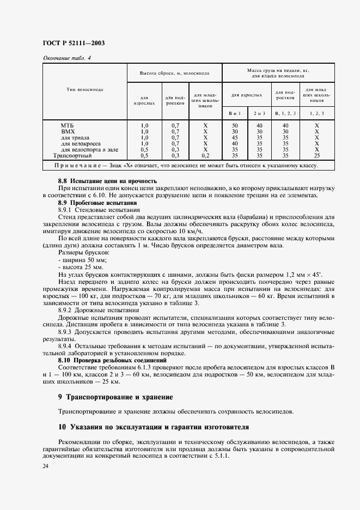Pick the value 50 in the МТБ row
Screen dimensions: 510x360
click(235, 125)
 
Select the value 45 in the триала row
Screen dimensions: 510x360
click(235, 137)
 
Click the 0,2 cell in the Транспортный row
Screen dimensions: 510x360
click(205, 155)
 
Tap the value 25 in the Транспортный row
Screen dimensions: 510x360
click(316, 155)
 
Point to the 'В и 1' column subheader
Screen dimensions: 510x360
click(235, 113)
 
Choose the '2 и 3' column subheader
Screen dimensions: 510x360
click(259, 113)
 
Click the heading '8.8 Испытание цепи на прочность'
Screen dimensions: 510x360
click(107, 180)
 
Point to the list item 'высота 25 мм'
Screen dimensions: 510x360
click(79, 268)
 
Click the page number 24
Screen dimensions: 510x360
click(45, 466)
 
